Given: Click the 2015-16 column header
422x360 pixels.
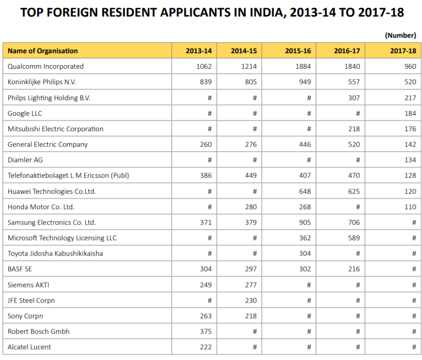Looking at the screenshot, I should coord(298,51).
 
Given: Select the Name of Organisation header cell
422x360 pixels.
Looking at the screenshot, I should coord(43,51).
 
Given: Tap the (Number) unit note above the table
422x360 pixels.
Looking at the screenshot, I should coord(400,35).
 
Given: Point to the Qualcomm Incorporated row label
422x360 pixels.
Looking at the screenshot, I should coord(45,67).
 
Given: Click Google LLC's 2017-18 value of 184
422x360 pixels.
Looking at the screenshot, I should coord(410,113).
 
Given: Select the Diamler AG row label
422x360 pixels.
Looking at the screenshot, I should coord(25,160).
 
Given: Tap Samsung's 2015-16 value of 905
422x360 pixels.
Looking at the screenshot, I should coord(305,223).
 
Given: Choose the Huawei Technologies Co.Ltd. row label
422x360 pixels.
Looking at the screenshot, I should coord(52,192).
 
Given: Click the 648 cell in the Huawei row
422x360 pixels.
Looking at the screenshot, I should coord(305,192).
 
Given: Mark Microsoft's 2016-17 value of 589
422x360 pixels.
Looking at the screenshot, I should coord(354,238).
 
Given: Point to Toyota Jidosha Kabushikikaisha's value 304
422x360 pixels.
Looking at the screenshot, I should coord(305,254).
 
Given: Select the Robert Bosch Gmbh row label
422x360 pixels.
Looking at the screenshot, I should coord(39,332).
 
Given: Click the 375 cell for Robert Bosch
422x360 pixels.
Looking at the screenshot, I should coord(206,332).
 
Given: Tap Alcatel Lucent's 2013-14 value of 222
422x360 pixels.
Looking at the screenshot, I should coord(206,347).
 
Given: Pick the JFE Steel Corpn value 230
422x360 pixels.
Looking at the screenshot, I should coord(251,301).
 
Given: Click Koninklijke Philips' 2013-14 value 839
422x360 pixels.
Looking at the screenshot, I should coord(206,82).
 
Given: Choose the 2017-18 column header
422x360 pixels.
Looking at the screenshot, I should coord(403,51).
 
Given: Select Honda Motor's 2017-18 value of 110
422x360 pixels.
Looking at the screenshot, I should coord(410,207).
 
